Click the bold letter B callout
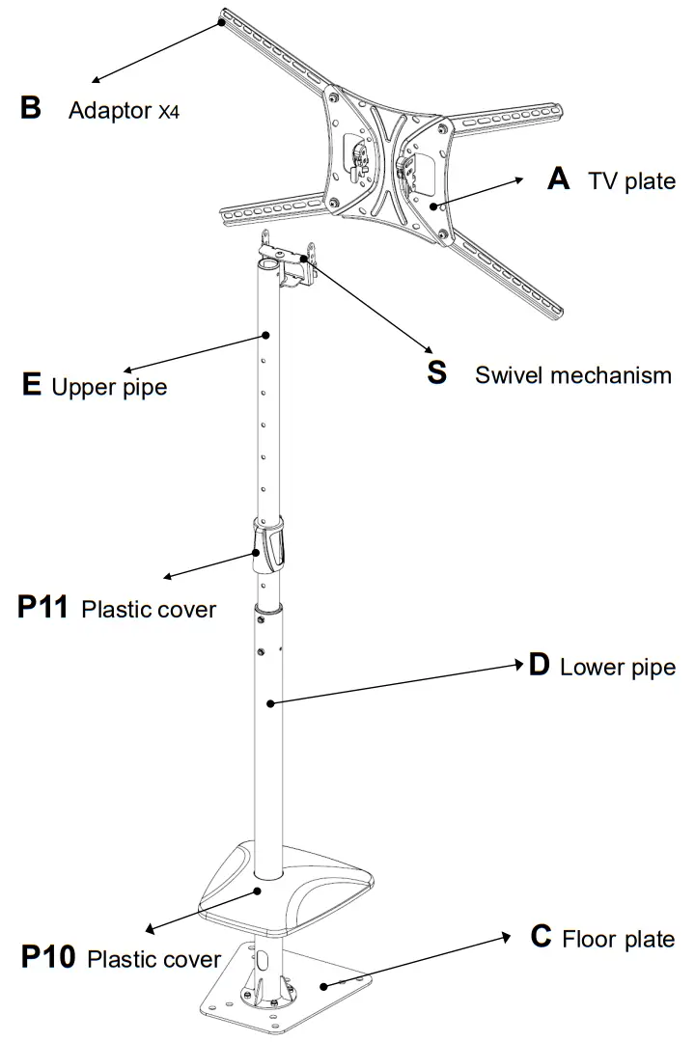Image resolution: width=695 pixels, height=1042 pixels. tap(31, 107)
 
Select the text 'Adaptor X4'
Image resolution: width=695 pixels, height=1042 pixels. tap(124, 110)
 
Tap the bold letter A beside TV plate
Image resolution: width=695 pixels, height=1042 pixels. tap(558, 178)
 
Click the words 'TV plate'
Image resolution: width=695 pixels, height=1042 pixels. tap(632, 181)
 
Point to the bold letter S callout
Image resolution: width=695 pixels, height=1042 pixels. tap(437, 373)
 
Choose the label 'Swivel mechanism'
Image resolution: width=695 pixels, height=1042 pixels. tap(573, 375)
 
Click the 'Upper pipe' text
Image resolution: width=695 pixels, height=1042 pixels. tap(109, 388)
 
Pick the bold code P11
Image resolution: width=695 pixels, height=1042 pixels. tap(42, 609)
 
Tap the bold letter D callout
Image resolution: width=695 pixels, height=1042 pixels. tap(539, 666)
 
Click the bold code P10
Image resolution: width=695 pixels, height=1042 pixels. tap(48, 958)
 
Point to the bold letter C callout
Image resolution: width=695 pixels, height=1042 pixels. tap(542, 937)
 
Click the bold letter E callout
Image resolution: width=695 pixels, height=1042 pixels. tap(31, 386)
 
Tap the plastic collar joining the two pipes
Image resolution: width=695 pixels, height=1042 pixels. tap(270, 546)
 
